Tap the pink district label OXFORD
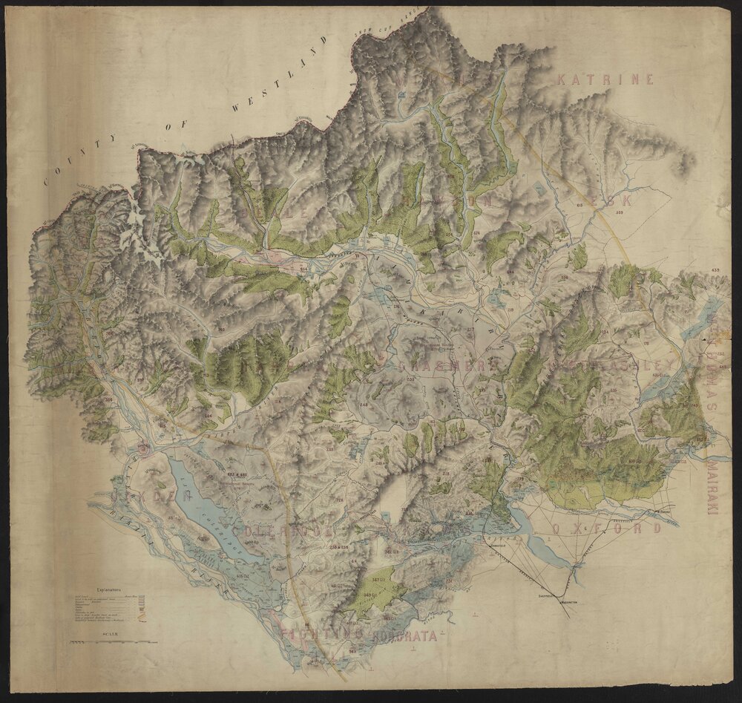[606, 529]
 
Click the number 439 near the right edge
[715, 269]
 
